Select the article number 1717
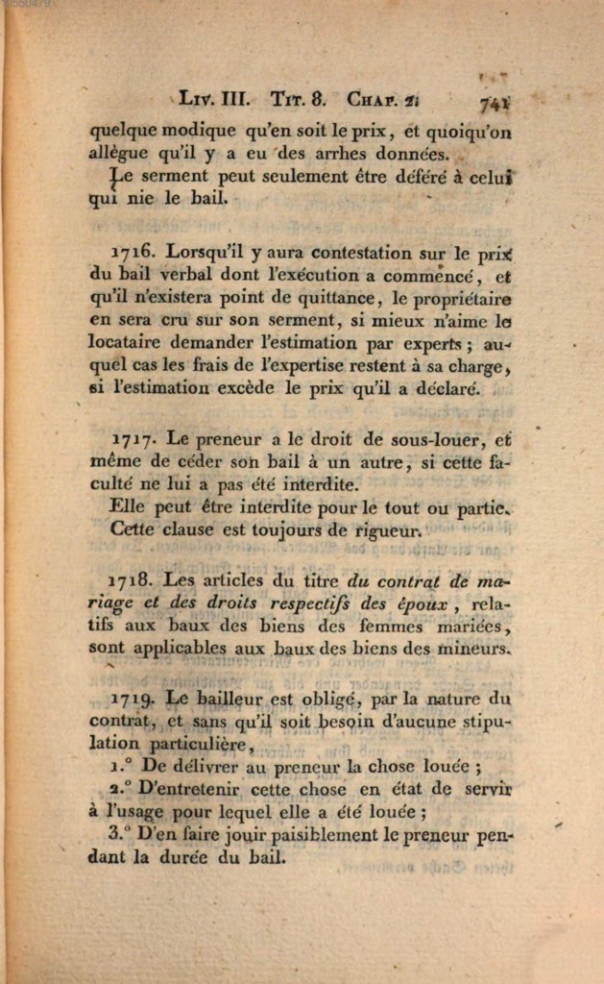133,441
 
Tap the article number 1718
133,579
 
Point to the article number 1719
133,698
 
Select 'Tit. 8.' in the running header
299,98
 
